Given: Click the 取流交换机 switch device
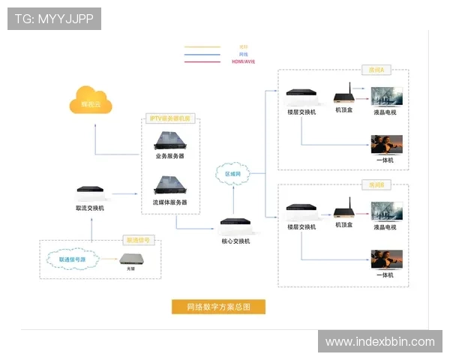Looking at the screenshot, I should [90, 193].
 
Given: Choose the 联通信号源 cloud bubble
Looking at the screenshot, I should [72, 259].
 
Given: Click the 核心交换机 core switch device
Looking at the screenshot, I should [235, 223].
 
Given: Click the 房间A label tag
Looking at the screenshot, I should [376, 70].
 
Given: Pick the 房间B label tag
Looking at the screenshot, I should [376, 184].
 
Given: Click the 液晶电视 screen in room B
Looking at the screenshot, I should [386, 209].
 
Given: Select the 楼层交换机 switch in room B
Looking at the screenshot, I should [301, 211].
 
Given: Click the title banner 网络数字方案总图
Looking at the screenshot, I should [218, 306].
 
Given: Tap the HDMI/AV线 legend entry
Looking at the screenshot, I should [244, 61].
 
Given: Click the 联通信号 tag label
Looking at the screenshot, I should [139, 241].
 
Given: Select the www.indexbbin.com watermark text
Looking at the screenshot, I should [379, 342].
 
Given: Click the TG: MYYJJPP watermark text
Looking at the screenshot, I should [54, 18].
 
